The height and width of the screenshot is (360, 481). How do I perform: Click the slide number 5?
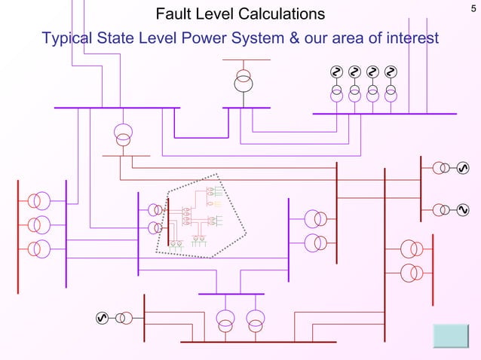point(472,8)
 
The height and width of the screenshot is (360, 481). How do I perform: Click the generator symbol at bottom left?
point(103,318)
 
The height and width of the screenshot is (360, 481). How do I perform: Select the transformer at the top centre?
point(243,81)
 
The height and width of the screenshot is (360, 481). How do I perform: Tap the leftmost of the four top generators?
point(336,72)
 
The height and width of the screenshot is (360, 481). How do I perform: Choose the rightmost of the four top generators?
point(391,72)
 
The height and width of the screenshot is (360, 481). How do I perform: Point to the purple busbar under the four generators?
point(384,114)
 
